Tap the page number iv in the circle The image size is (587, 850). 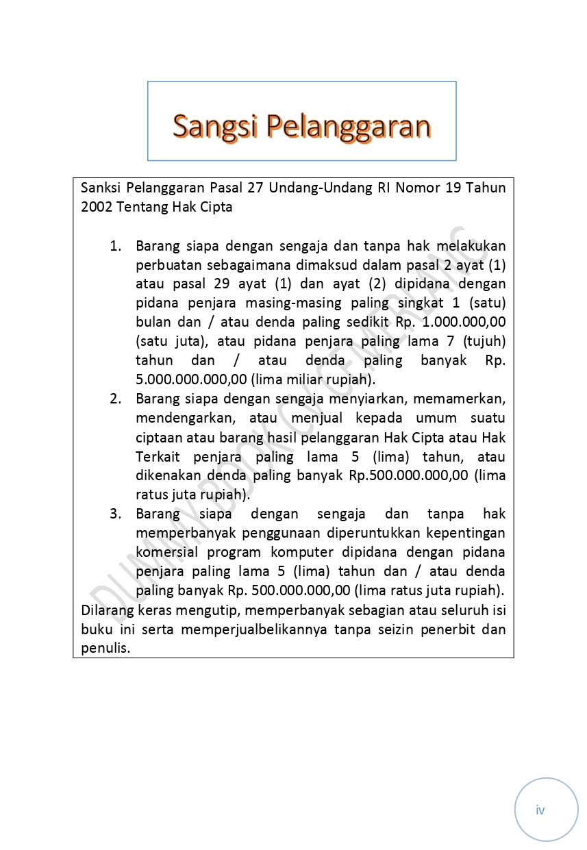[x=540, y=810]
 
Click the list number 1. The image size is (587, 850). [x=116, y=246]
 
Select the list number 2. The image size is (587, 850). [x=116, y=399]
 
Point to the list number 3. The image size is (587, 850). [x=116, y=514]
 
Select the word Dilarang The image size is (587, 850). [x=105, y=610]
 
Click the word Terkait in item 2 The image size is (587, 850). [x=155, y=457]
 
